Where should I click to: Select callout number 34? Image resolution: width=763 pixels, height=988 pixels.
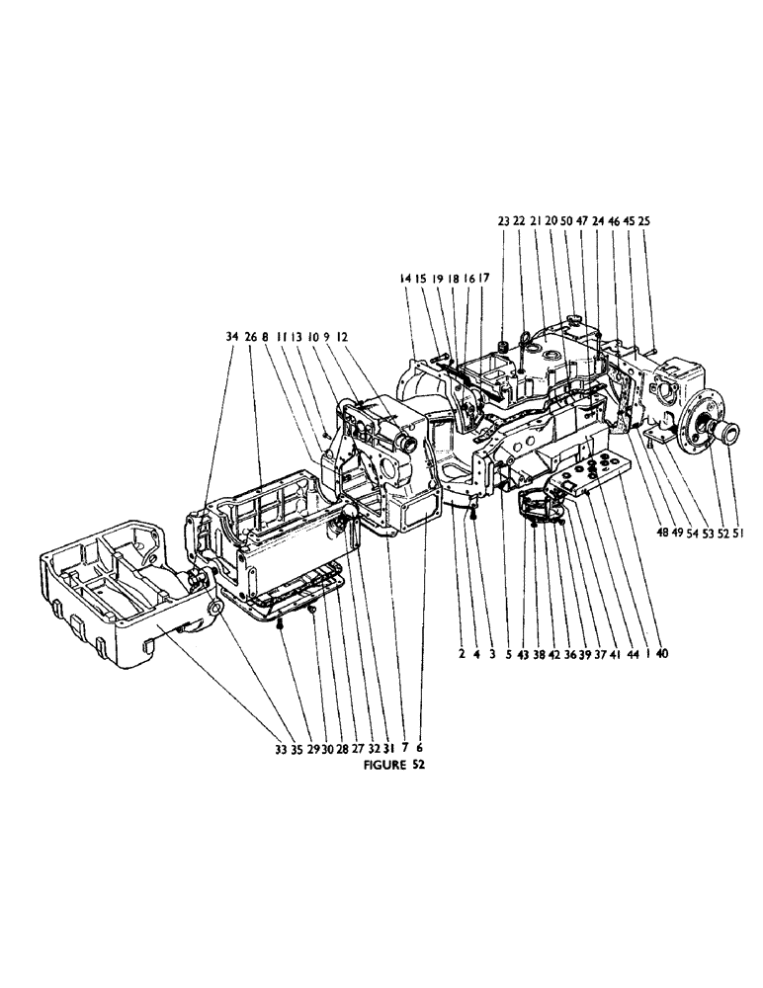230,337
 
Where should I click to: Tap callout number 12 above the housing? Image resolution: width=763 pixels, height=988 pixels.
343,337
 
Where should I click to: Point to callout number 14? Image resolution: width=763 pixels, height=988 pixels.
405,280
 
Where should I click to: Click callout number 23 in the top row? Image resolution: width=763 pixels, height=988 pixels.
502,221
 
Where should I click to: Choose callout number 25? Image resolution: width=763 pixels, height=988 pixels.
644,221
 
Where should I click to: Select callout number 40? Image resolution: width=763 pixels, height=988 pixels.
660,653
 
